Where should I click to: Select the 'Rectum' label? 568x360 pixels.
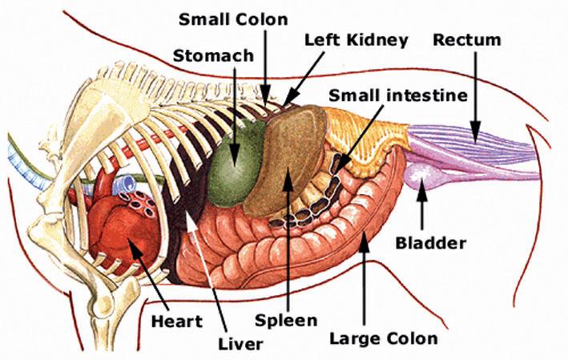pyautogui.click(x=467, y=38)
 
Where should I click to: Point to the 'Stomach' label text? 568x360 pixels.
pyautogui.click(x=214, y=57)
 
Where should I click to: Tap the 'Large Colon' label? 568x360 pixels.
pyautogui.click(x=385, y=338)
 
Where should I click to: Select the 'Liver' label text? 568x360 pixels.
pyautogui.click(x=240, y=345)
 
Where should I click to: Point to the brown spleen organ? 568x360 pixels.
pyautogui.click(x=284, y=160)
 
